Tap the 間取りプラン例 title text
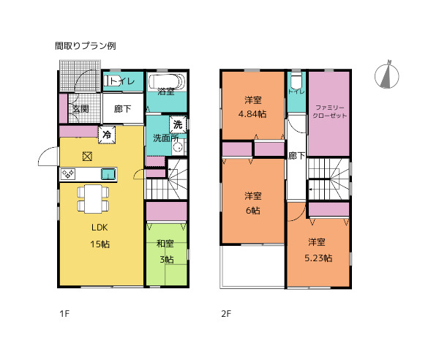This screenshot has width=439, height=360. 85,45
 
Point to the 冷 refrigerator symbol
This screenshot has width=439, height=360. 107,135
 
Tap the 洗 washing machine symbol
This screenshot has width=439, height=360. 178,124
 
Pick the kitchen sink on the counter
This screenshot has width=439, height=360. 107,173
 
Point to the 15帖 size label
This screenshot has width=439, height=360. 100,244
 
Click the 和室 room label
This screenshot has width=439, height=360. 165,244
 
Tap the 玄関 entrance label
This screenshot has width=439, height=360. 80,109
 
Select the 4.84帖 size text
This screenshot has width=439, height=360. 253,113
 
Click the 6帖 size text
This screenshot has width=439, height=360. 253,210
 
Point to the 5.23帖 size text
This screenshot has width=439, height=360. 318,258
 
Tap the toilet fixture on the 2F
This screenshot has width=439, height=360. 296,81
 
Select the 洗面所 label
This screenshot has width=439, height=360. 164,138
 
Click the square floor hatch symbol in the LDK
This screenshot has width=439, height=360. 87,155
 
